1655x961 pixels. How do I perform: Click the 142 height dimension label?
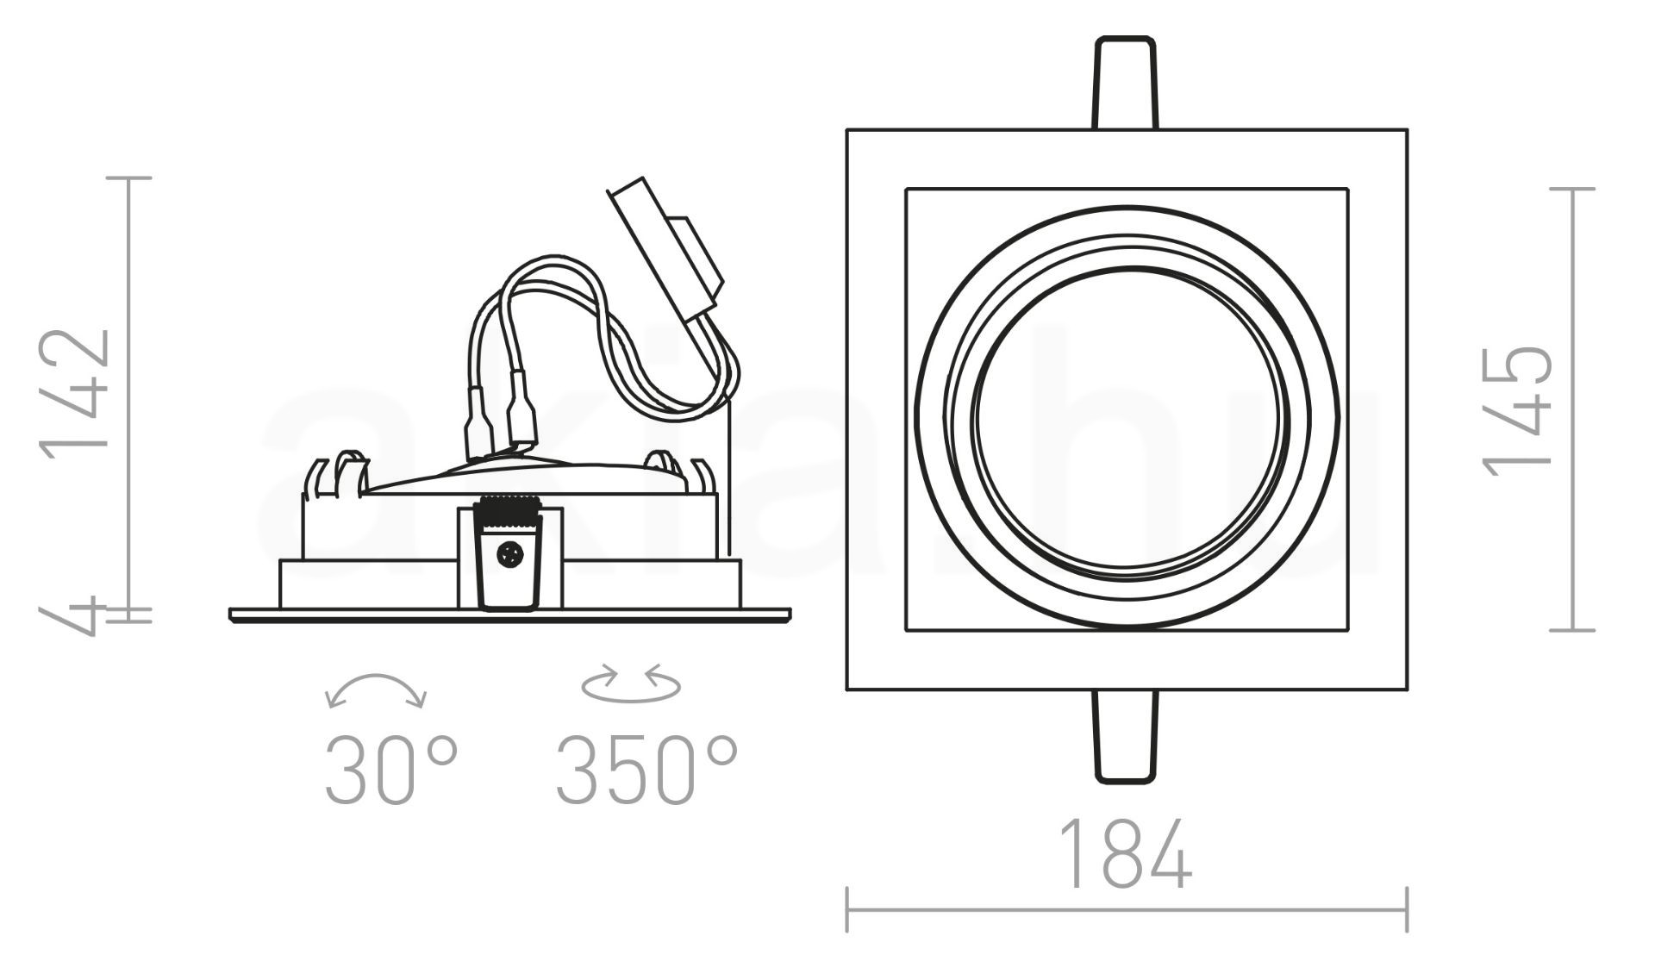click(x=74, y=389)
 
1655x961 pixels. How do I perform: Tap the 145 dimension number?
click(x=1517, y=410)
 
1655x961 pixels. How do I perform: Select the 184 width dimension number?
click(x=1125, y=854)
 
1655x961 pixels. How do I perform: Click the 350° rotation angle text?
click(x=646, y=770)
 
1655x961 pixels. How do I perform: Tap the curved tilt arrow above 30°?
click(x=376, y=690)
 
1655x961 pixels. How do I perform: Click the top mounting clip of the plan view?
click(x=1126, y=83)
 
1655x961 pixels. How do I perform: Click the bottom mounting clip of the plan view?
click(x=1126, y=736)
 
